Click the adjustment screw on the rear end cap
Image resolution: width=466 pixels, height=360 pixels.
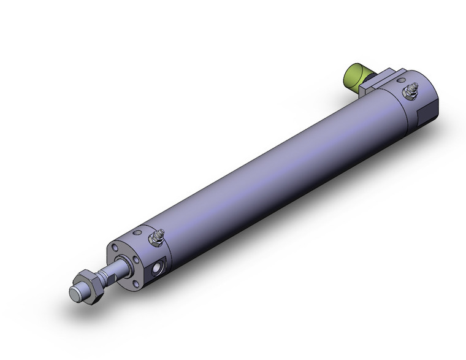pos(408,94)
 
